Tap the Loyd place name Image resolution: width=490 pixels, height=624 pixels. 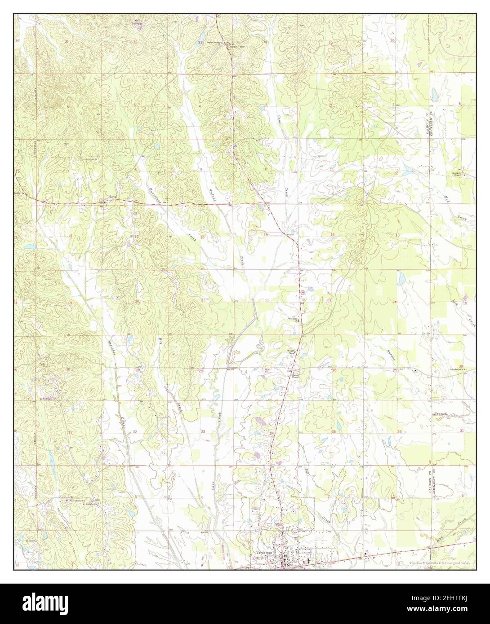point(114,197)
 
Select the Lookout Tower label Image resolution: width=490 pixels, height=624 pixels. point(223,46)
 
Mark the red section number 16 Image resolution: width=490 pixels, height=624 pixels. point(203,237)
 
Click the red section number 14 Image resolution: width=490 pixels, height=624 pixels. point(333,235)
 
